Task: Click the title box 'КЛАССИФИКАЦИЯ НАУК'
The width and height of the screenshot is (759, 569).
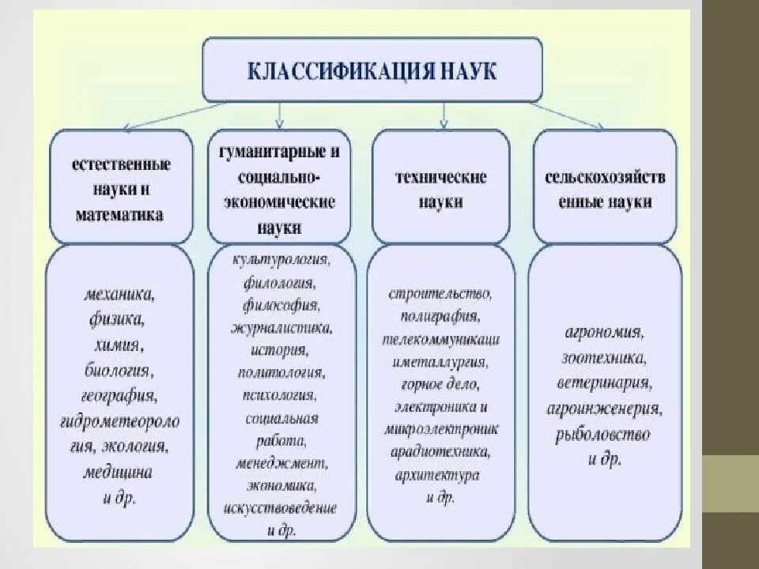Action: tap(372, 70)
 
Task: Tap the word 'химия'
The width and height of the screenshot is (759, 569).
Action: tap(120, 345)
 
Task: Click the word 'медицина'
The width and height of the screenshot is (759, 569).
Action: tap(118, 472)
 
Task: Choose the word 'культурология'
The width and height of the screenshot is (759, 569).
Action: tap(281, 259)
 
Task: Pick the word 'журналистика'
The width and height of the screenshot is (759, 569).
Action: tap(281, 326)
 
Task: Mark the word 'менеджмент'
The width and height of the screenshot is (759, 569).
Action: tap(281, 462)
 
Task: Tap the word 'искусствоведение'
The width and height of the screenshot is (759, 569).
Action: tap(281, 507)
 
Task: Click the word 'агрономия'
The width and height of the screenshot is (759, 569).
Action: tap(603, 331)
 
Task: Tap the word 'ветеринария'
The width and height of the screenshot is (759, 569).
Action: tap(603, 383)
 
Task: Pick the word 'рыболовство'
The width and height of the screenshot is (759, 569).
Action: tap(603, 434)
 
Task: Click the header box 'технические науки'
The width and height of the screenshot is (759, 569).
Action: tap(440, 188)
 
